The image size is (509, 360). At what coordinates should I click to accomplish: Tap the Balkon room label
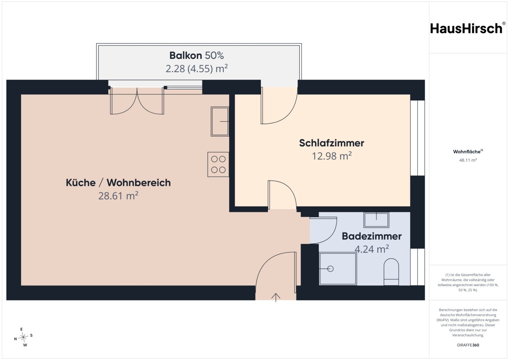186,55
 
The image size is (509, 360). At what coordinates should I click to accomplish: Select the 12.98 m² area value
332,156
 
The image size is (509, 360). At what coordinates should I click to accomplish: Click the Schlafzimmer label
332,143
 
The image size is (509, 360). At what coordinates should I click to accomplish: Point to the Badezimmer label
372,236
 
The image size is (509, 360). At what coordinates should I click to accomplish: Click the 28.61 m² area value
118,196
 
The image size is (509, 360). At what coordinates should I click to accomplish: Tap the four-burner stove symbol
218,165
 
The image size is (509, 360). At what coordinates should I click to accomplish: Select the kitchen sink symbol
220,122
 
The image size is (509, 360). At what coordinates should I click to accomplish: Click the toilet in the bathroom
391,272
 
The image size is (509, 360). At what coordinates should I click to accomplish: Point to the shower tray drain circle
330,269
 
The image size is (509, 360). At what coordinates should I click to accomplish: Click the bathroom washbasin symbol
376,220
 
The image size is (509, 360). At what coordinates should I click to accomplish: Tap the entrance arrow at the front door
276,297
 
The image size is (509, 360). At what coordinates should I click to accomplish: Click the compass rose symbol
23,337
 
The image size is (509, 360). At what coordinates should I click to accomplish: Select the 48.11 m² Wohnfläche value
468,160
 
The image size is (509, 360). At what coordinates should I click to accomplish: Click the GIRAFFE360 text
468,345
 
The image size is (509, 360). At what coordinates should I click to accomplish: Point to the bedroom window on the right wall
418,138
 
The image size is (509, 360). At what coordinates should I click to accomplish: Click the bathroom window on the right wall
418,267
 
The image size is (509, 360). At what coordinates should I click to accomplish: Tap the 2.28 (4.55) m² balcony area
197,68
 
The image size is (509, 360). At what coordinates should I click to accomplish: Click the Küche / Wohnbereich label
118,183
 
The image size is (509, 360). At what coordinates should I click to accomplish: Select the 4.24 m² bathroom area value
372,249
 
